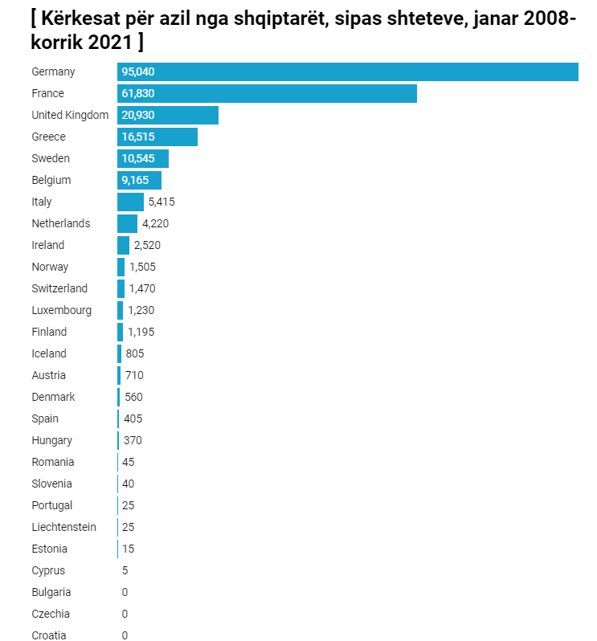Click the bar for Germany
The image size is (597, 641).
pyautogui.click(x=347, y=71)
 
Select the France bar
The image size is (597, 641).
pyautogui.click(x=267, y=93)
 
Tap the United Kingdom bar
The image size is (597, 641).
pyautogui.click(x=168, y=115)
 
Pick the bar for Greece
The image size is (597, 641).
pyautogui.click(x=157, y=137)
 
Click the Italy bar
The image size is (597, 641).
pyautogui.click(x=130, y=202)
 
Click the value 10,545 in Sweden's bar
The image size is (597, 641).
pyautogui.click(x=138, y=158)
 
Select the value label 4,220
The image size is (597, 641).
pyautogui.click(x=155, y=223)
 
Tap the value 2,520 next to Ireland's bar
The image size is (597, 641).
pyautogui.click(x=147, y=245)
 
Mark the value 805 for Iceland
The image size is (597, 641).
pyautogui.click(x=135, y=353)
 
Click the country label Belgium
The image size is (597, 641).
pyautogui.click(x=51, y=180)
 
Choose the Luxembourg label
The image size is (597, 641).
pyautogui.click(x=62, y=310)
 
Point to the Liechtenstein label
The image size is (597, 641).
pyautogui.click(x=64, y=527)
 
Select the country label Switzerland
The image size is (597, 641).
pyautogui.click(x=59, y=288)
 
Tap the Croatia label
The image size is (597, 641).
pyautogui.click(x=49, y=635)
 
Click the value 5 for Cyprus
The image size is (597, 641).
pyautogui.click(x=125, y=570)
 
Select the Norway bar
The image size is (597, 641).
pyautogui.click(x=121, y=267)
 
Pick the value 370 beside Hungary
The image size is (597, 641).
pyautogui.click(x=133, y=440)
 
